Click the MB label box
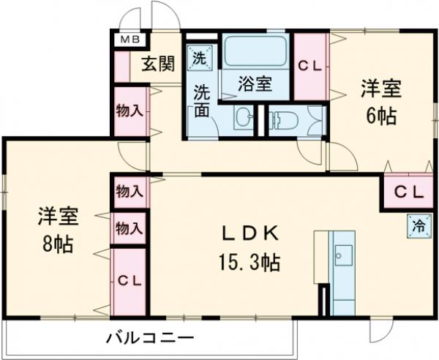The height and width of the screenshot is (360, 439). [130, 40]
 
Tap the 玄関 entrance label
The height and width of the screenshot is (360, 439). [157, 64]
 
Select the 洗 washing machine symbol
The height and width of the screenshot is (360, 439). [199, 57]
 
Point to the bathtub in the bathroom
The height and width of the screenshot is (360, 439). [255, 52]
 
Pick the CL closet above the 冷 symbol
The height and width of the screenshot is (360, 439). [408, 192]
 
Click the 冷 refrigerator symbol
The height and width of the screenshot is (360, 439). [415, 226]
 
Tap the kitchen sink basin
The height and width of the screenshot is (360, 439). [342, 255]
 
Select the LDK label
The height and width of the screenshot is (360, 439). [251, 233]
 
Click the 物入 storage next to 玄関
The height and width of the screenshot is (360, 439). [129, 110]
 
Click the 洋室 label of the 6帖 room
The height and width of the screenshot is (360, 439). [380, 90]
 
